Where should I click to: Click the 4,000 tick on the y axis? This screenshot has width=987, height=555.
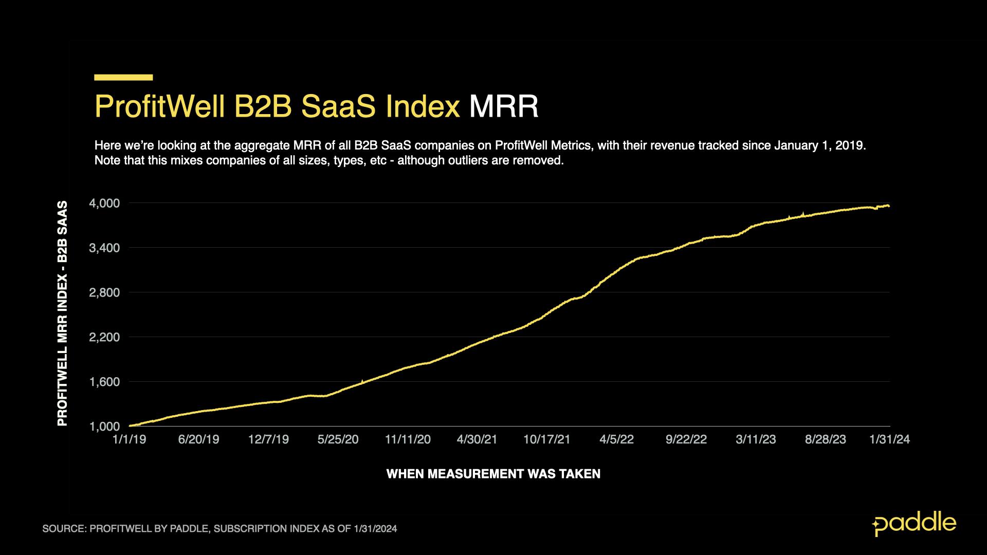(x=105, y=203)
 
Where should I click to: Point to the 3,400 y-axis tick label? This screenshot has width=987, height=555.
(x=105, y=248)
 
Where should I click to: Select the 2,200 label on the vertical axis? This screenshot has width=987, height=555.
(x=105, y=338)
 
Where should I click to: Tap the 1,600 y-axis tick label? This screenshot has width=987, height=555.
(x=105, y=382)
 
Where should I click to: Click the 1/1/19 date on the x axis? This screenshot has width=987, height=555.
(x=129, y=439)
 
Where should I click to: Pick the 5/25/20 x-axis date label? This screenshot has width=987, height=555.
(x=338, y=439)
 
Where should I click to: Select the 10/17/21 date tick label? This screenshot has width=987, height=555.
(x=546, y=439)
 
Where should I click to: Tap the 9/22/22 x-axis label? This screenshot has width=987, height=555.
(x=686, y=439)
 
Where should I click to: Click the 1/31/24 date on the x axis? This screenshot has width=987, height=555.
(x=889, y=439)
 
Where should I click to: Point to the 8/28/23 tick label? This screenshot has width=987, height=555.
(x=825, y=439)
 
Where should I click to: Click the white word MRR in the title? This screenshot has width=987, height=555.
(x=503, y=106)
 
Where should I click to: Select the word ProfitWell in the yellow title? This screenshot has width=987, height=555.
(x=160, y=106)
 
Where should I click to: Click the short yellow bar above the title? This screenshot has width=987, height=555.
(x=123, y=78)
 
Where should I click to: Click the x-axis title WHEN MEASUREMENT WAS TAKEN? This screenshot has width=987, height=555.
(x=493, y=474)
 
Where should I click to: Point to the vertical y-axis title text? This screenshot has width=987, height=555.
(x=62, y=313)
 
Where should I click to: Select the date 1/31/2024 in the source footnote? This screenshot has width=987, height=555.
(x=375, y=529)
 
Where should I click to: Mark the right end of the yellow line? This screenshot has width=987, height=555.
(x=889, y=206)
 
